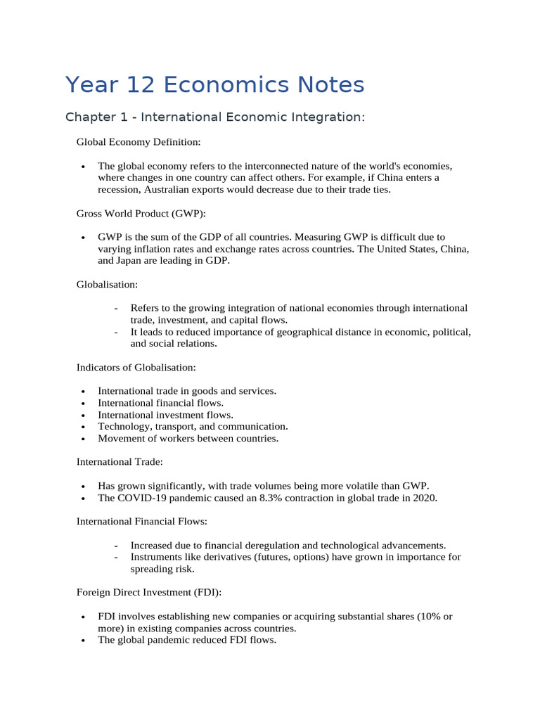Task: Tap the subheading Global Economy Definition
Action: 139,142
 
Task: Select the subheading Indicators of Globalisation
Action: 136,367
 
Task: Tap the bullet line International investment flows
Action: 165,415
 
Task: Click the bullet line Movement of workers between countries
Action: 188,439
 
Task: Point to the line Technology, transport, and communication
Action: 193,427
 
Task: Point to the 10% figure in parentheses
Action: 426,617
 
